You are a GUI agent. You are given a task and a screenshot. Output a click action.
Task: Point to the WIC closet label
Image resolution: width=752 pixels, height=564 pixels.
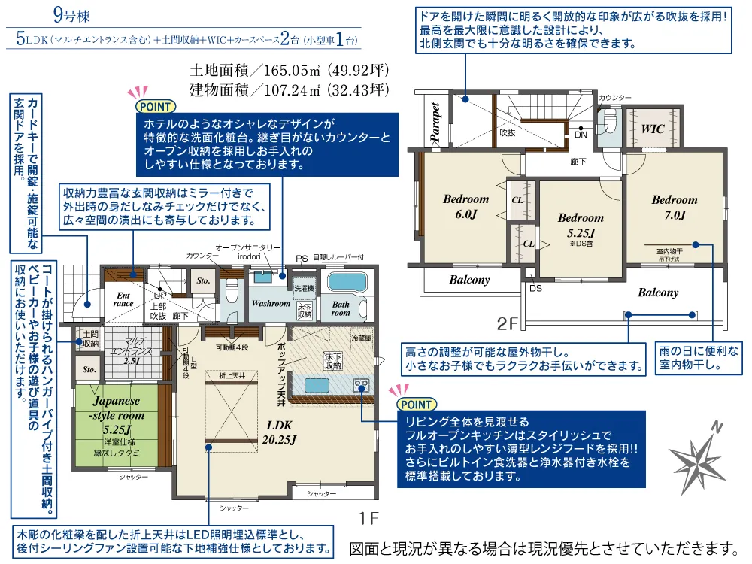653,129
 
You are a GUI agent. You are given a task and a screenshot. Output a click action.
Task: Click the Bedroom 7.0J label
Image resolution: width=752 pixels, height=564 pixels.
674,208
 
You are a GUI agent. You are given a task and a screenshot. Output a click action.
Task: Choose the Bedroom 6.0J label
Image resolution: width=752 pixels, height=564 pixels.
465,207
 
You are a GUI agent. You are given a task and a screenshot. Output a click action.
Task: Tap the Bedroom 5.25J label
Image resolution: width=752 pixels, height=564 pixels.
581,225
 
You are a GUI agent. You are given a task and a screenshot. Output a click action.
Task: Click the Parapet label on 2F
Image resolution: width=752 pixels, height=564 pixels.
435,122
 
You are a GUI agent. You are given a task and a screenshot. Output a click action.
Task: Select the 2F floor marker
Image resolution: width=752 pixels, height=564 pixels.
509,324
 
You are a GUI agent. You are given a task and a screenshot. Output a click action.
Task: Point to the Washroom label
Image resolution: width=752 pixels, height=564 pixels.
271,304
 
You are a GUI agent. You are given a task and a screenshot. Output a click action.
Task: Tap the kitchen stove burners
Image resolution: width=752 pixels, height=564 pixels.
362,387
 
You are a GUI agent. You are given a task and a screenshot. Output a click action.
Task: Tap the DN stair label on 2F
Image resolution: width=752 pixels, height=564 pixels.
581,135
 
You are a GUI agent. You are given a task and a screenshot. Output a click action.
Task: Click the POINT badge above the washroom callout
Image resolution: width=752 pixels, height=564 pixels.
152,105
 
